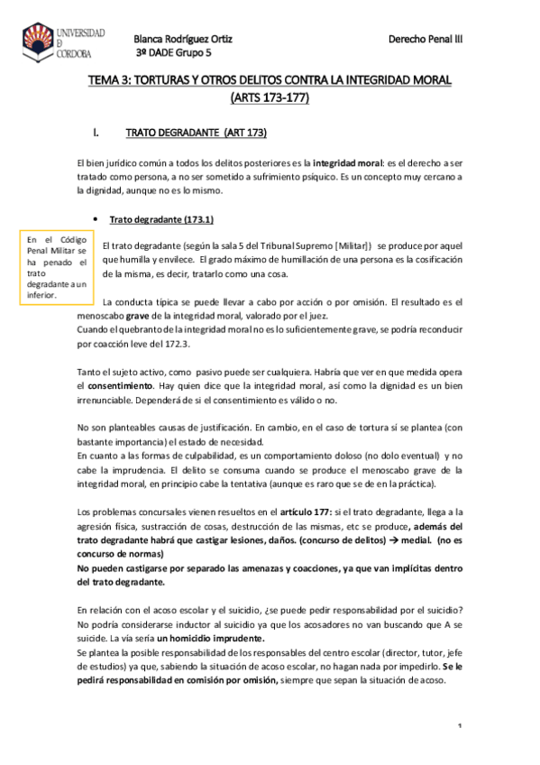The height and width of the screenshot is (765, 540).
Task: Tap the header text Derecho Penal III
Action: click(425, 41)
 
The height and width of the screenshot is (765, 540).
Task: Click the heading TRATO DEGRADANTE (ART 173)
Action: click(196, 133)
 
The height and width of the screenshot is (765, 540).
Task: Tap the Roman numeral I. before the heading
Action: click(96, 133)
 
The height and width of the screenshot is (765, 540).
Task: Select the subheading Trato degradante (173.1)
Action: click(160, 220)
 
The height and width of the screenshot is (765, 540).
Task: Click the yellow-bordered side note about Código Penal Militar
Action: click(57, 266)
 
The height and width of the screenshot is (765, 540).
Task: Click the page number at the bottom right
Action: click(460, 727)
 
